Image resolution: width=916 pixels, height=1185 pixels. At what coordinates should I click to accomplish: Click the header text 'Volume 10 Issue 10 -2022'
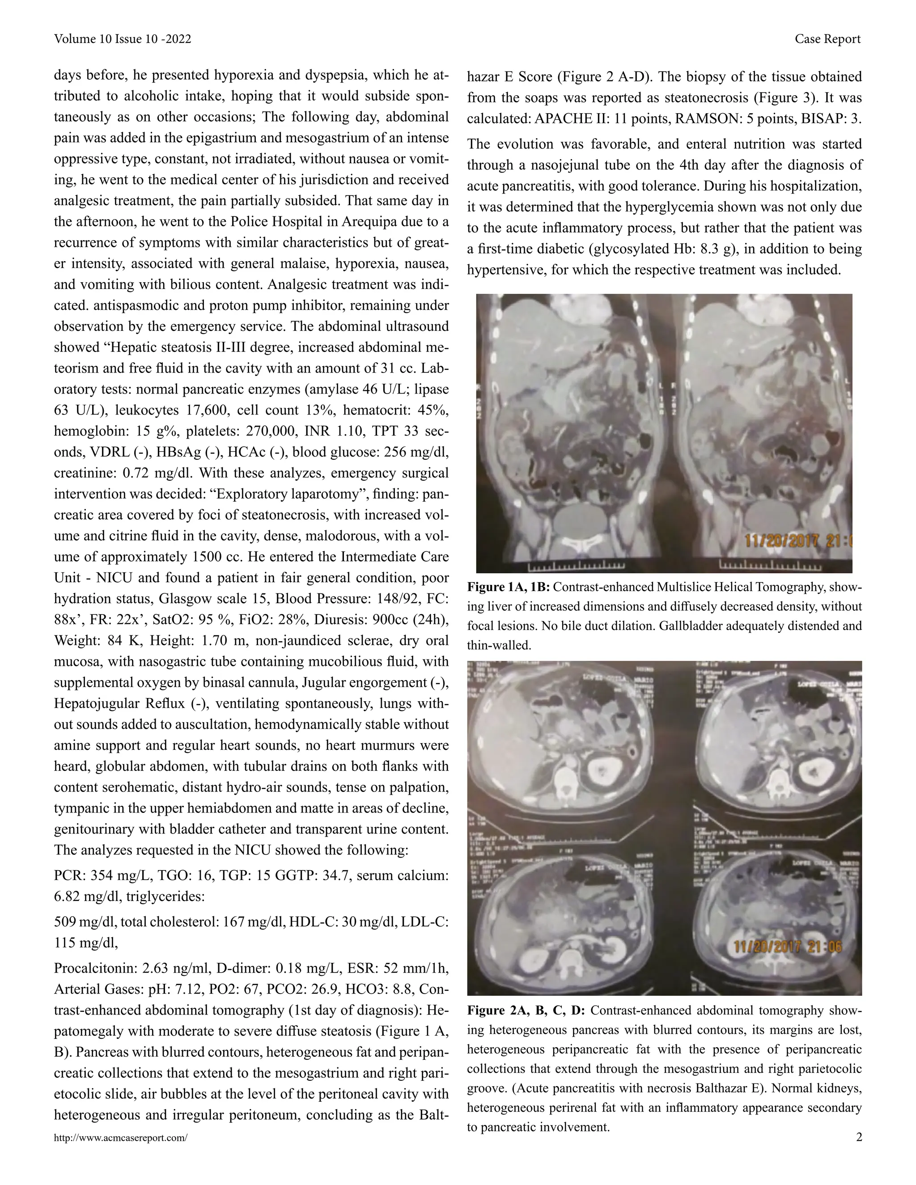point(122,39)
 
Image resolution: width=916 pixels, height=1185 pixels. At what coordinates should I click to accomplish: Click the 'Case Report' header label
point(827,39)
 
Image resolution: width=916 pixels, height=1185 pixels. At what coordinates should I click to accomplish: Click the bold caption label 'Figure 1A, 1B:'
point(509,587)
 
